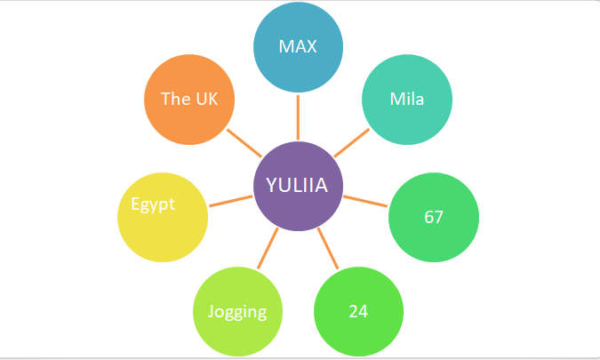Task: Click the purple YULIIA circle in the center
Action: (x=298, y=186)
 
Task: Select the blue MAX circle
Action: (x=298, y=45)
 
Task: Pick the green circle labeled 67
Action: (x=434, y=217)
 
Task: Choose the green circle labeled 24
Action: (x=359, y=312)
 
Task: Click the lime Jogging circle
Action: (x=237, y=312)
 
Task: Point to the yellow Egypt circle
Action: (x=163, y=217)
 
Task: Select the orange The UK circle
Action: (x=188, y=99)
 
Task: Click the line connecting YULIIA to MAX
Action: (x=298, y=116)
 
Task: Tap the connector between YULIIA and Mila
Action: (x=353, y=142)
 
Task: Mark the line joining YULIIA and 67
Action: (x=365, y=201)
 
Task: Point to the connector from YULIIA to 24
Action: (x=329, y=249)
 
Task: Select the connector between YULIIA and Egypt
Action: (x=230, y=201)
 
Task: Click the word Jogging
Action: (x=237, y=312)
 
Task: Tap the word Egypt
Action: (x=153, y=204)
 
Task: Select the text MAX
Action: (x=298, y=46)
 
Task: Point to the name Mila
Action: (x=407, y=99)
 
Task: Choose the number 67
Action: (x=434, y=218)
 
